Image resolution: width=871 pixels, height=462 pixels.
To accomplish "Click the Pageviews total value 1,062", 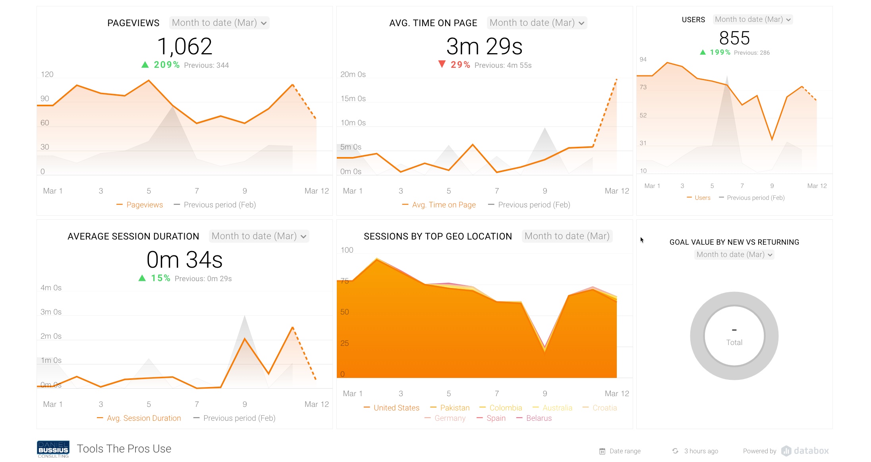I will [x=185, y=46].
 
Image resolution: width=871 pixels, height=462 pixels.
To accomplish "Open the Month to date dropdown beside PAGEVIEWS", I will [x=219, y=23].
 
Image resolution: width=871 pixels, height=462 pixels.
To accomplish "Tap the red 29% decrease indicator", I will [x=454, y=65].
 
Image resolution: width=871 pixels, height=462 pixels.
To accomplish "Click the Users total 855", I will [x=734, y=38].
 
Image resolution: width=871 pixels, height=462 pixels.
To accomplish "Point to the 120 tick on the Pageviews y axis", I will [x=47, y=75].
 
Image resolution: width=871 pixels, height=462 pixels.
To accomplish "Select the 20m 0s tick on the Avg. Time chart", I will [x=353, y=75].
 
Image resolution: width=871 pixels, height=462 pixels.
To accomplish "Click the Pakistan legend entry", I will [x=454, y=408].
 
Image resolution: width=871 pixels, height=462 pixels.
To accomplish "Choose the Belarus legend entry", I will [x=539, y=418].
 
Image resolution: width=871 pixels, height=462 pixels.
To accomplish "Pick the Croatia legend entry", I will [x=604, y=408].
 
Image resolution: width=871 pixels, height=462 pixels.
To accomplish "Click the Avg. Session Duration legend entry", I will [x=143, y=418].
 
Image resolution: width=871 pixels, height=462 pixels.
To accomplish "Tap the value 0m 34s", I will [x=185, y=260].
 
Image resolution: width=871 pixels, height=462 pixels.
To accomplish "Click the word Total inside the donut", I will [x=734, y=342].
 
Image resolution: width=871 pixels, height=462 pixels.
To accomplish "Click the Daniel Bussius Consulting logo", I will [x=53, y=449].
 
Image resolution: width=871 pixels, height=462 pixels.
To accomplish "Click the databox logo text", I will [x=811, y=451].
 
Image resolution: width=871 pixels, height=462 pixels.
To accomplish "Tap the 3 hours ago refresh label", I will [x=701, y=451].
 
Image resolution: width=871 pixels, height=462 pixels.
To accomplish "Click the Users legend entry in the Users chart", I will [x=702, y=197].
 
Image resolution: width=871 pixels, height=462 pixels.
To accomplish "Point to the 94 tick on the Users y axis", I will [x=643, y=59].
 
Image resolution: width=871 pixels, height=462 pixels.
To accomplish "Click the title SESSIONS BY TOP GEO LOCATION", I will [x=438, y=236].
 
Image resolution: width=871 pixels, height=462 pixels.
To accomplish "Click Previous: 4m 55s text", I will [x=503, y=65].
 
